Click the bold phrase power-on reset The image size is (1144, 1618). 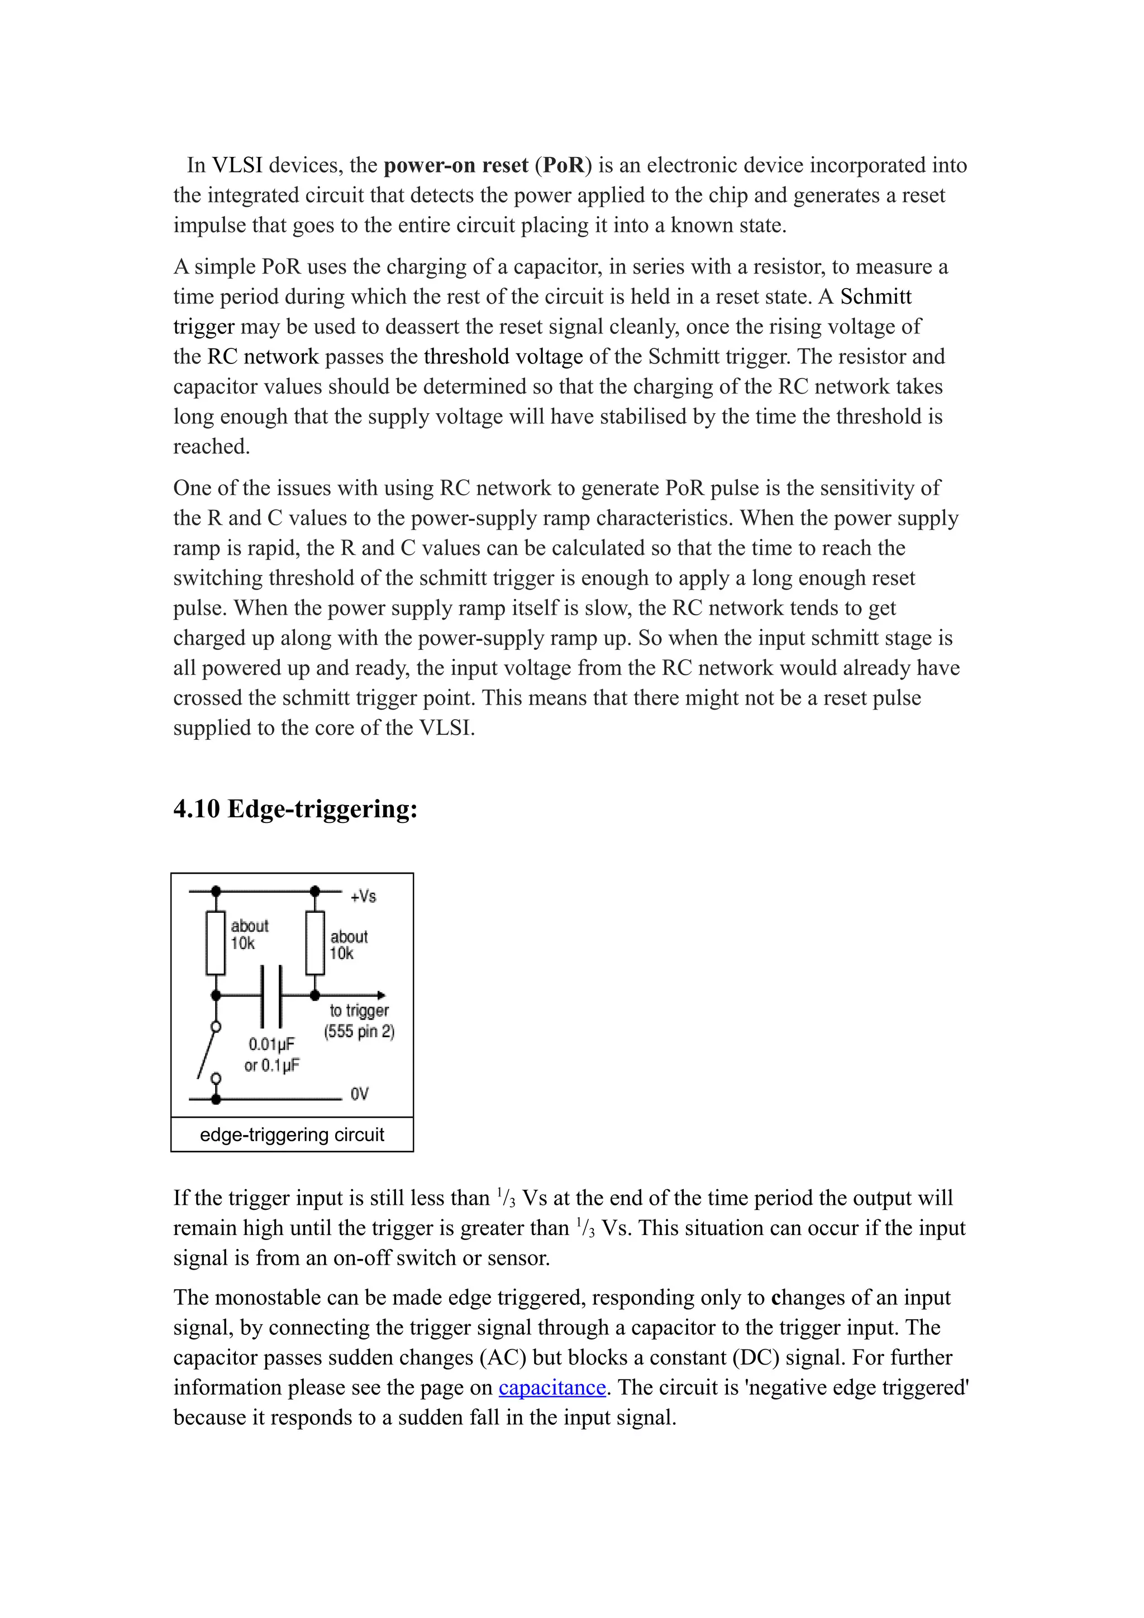pyautogui.click(x=455, y=166)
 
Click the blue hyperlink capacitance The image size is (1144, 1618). pyautogui.click(x=552, y=1387)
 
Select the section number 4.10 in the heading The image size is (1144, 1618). pyautogui.click(x=197, y=809)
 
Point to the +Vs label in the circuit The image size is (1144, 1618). pyautogui.click(x=363, y=897)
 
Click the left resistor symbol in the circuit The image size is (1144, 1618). pyautogui.click(x=215, y=943)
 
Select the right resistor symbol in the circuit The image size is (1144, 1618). pyautogui.click(x=315, y=943)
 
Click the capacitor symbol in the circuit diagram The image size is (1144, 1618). pyautogui.click(x=271, y=995)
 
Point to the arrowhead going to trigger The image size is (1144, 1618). pyautogui.click(x=382, y=995)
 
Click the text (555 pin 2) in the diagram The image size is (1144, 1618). pyautogui.click(x=359, y=1032)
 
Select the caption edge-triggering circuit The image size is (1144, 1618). pyautogui.click(x=292, y=1134)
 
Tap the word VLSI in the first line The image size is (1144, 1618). pyautogui.click(x=237, y=166)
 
